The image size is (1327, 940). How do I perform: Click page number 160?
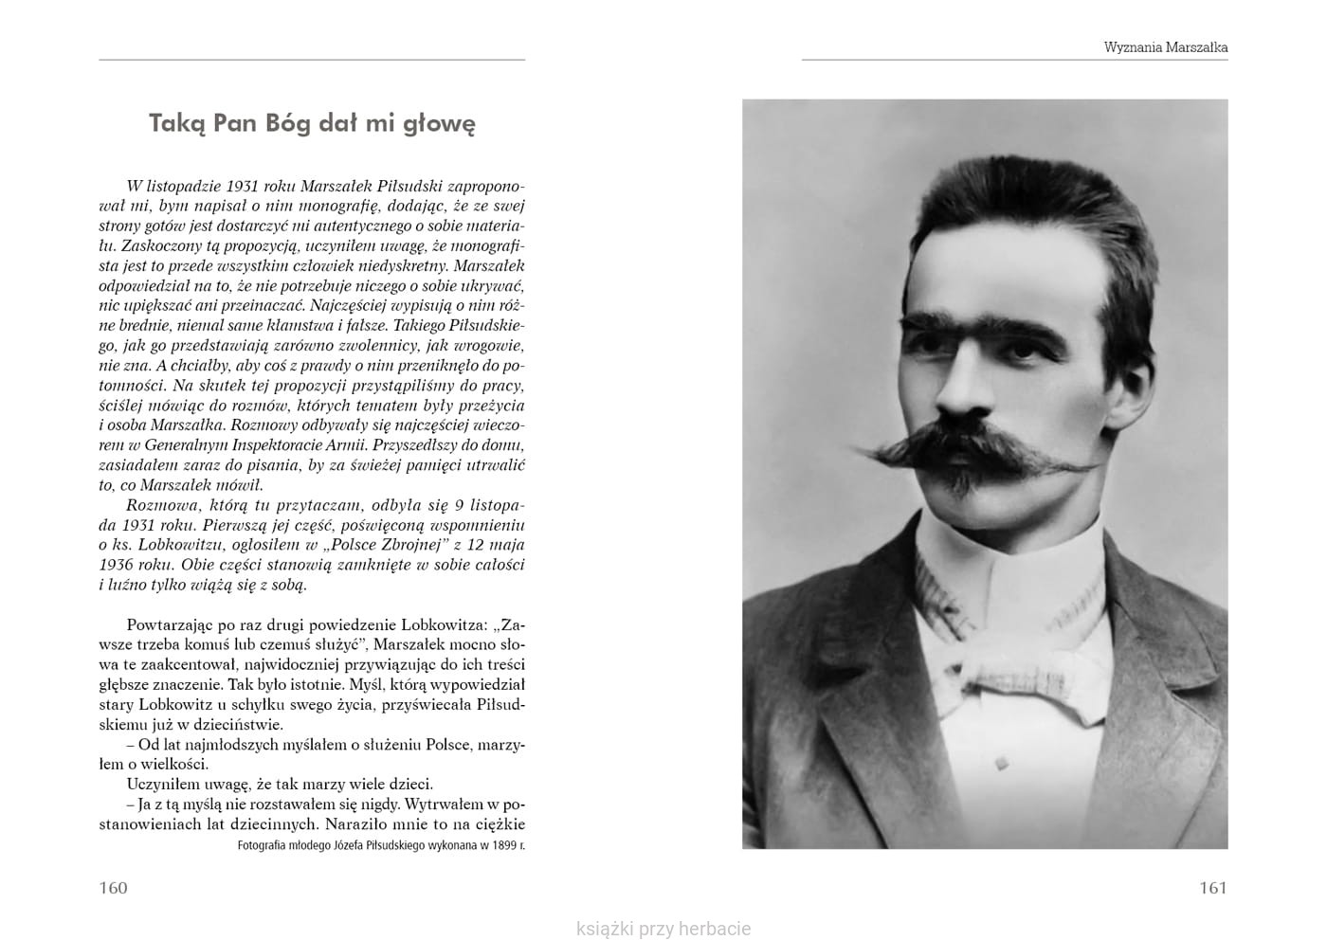113,888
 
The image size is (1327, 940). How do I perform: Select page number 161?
1212,888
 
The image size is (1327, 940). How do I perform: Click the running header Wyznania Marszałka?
1165,46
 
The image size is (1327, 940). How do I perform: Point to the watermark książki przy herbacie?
663,929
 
